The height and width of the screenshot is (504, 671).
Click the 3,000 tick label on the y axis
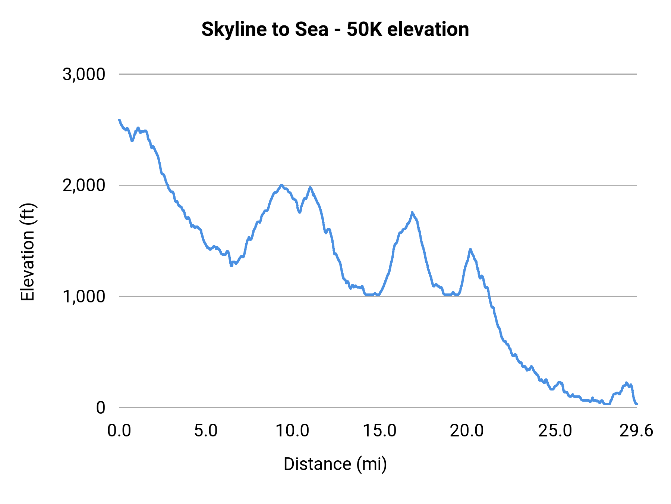(x=84, y=74)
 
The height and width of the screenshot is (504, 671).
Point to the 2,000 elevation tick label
(x=84, y=185)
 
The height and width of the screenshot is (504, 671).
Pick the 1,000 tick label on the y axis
(x=84, y=296)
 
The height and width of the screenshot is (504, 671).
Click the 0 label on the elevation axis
(x=100, y=407)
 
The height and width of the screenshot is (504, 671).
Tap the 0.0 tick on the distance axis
(x=119, y=431)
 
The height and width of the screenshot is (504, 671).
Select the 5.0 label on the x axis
(x=206, y=431)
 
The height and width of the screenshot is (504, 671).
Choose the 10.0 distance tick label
(x=293, y=431)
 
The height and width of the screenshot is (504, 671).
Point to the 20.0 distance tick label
(x=467, y=431)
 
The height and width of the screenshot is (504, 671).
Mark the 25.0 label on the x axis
(x=555, y=431)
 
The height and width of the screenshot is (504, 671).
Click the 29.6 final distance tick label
(x=636, y=431)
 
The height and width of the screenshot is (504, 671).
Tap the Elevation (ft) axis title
(x=28, y=252)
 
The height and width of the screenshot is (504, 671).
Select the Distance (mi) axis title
(x=335, y=464)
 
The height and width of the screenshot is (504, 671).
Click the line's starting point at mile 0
(x=119, y=120)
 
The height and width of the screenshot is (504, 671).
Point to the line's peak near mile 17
(x=412, y=212)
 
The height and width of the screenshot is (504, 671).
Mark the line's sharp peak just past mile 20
(x=470, y=249)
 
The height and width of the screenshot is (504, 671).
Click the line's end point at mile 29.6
(x=637, y=404)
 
